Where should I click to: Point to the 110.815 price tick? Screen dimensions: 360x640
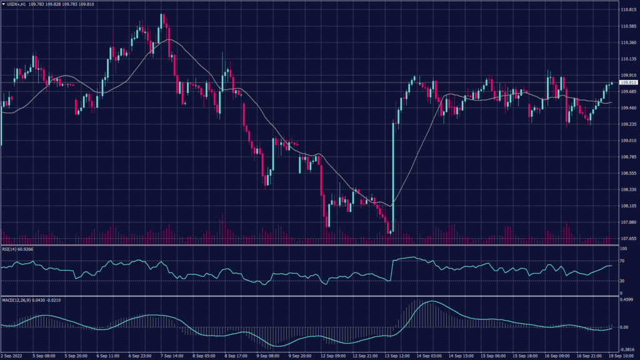coord(627,10)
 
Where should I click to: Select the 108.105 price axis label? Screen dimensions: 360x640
coord(627,206)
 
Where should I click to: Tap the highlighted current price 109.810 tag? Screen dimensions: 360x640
coord(627,82)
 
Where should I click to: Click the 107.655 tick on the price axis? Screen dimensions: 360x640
coord(627,238)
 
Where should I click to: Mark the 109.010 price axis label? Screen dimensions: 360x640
coord(627,141)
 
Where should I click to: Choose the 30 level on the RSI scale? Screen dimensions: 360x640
coord(622,281)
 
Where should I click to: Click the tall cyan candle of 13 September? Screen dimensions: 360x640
coord(393,175)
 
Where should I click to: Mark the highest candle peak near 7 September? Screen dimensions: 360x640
coord(162,14)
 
